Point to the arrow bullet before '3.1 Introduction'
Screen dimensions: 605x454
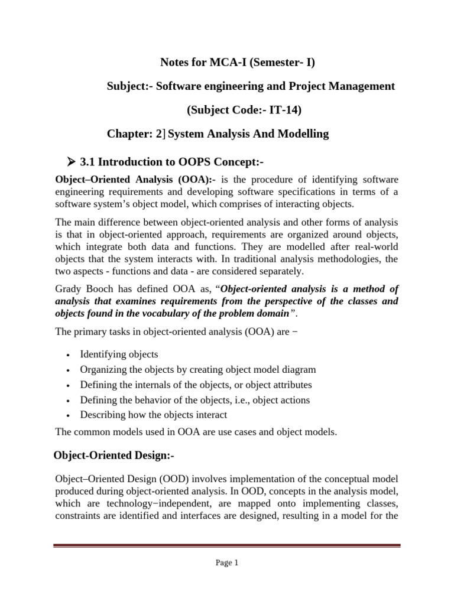[73, 162]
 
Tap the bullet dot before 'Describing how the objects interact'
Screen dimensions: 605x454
[69, 415]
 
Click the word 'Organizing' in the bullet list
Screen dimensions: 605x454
[103, 370]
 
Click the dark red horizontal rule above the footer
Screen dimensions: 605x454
[226, 546]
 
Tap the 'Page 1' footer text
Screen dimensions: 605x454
[226, 563]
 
